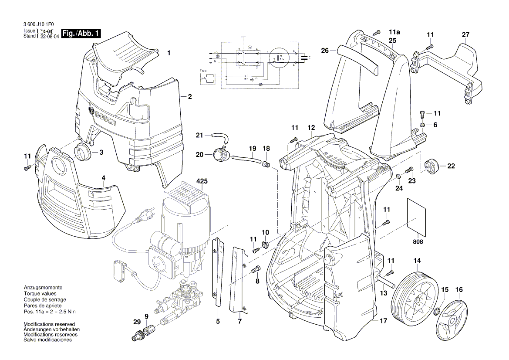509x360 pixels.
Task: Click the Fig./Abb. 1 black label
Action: click(81, 34)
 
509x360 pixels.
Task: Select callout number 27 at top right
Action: click(465, 35)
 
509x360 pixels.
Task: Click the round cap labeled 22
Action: click(431, 166)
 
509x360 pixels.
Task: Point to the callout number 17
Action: click(383, 321)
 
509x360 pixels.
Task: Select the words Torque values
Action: click(38, 294)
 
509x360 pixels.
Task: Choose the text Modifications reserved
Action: click(49, 324)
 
